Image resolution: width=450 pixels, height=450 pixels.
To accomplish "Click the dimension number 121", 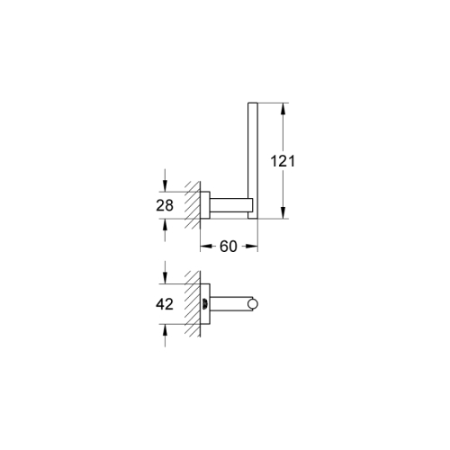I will click(x=283, y=161).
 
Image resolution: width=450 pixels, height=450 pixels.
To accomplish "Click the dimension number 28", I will click(x=165, y=204).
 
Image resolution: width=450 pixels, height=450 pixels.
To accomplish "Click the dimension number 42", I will click(x=165, y=304).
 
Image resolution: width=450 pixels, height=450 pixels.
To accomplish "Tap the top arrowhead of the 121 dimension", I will click(x=283, y=110).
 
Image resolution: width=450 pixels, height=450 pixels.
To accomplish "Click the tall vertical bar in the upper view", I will click(x=254, y=153).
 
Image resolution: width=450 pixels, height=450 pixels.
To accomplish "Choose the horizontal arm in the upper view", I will click(x=229, y=204).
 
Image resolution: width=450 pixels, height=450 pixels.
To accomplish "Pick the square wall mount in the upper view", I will click(x=205, y=204).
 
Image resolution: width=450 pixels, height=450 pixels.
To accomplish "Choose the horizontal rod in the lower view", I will click(x=232, y=304).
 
